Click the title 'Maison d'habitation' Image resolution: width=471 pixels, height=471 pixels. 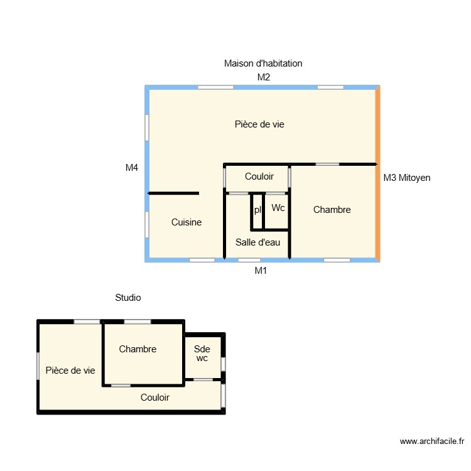263,63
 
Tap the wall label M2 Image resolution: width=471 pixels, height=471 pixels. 263,77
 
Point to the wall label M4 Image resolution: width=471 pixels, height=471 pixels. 131,168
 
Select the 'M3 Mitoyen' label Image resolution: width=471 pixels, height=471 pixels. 406,178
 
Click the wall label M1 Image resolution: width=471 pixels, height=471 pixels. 261,271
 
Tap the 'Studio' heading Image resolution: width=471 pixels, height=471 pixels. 128,298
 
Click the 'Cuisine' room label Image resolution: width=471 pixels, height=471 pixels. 187,222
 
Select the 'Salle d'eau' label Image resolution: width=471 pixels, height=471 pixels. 257,242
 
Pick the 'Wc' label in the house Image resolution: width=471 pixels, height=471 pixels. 278,208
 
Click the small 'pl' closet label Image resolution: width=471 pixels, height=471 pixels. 257,210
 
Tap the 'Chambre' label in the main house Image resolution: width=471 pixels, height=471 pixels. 332,210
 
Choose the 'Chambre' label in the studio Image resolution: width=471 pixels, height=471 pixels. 138,349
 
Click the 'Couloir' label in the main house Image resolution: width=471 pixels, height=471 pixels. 259,177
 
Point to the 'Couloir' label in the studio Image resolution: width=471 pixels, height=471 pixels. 154,398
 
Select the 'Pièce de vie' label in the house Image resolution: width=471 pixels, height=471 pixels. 259,124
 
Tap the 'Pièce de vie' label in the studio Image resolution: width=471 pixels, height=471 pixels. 70,371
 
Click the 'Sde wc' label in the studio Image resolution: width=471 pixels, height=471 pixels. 202,354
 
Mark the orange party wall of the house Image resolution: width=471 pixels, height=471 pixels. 377,173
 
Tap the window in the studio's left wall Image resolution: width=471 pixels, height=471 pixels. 39,365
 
